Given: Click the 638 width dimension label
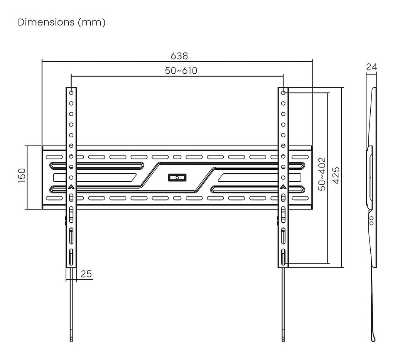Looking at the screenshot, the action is click(x=179, y=56).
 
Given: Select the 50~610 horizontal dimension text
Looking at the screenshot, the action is click(x=181, y=71).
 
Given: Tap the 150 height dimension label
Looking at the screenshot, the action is click(x=22, y=175).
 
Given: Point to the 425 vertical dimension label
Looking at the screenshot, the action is click(x=336, y=175).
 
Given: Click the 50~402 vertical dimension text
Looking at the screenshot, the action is click(x=322, y=174).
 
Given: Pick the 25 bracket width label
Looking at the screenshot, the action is click(x=86, y=274).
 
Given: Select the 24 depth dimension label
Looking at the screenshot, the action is click(x=371, y=67).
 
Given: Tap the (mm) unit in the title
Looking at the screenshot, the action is click(x=92, y=22).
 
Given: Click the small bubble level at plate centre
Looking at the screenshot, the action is click(x=177, y=177).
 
